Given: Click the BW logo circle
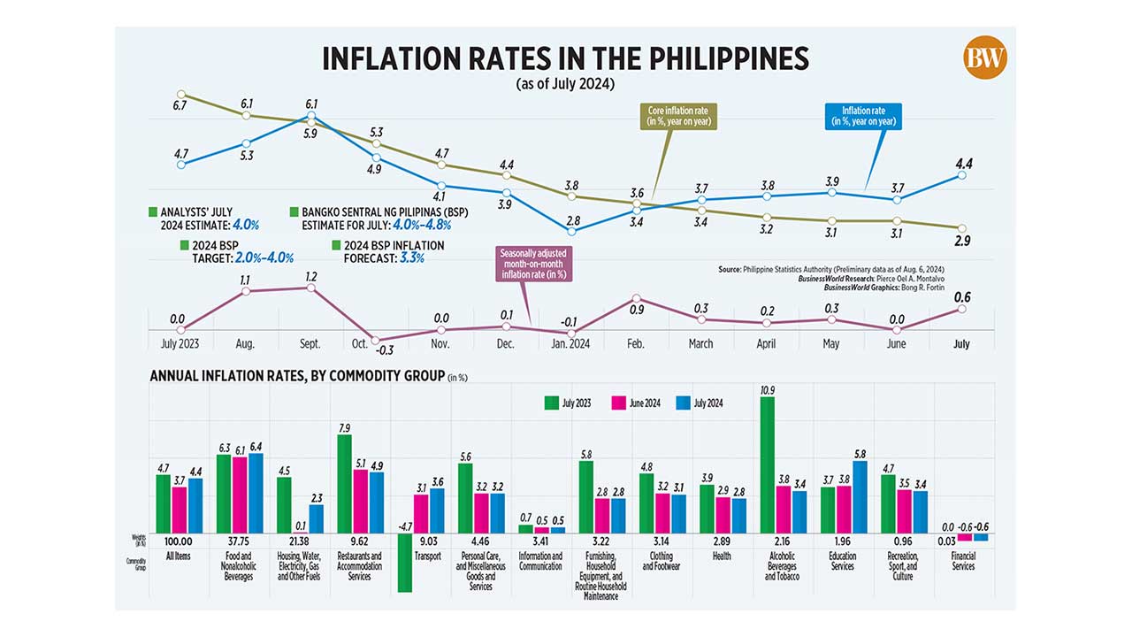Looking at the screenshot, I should pos(985,58).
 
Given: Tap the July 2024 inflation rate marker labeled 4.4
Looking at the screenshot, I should pos(962,175).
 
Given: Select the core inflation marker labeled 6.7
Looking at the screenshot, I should pos(180,95).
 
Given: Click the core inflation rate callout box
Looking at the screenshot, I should pos(677,116).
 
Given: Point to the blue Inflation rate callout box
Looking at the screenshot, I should pos(863,116).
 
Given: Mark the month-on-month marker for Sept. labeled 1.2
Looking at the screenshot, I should pos(310,287).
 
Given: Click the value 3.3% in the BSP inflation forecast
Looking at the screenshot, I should pos(411,258).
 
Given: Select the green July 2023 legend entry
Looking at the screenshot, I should pos(570,403).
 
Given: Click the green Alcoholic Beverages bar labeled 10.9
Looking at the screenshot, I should pos(767,464).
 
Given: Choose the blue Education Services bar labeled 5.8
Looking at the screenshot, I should pos(859,496).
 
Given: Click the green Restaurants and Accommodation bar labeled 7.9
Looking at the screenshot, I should pos(344,483).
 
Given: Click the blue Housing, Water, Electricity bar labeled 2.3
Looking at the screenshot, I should pos(316,518).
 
